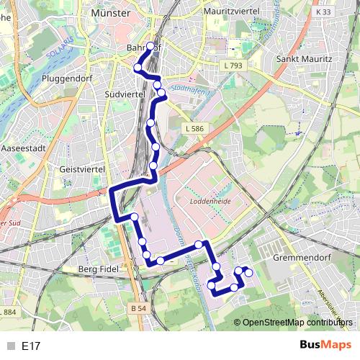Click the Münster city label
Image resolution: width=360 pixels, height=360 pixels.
click(111, 13)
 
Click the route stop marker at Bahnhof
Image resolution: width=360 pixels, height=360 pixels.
click(150, 46)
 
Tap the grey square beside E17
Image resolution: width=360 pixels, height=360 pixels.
click(9, 346)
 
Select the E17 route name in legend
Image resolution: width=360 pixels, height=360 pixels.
click(31, 346)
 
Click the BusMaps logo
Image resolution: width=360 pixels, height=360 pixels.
click(326, 345)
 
